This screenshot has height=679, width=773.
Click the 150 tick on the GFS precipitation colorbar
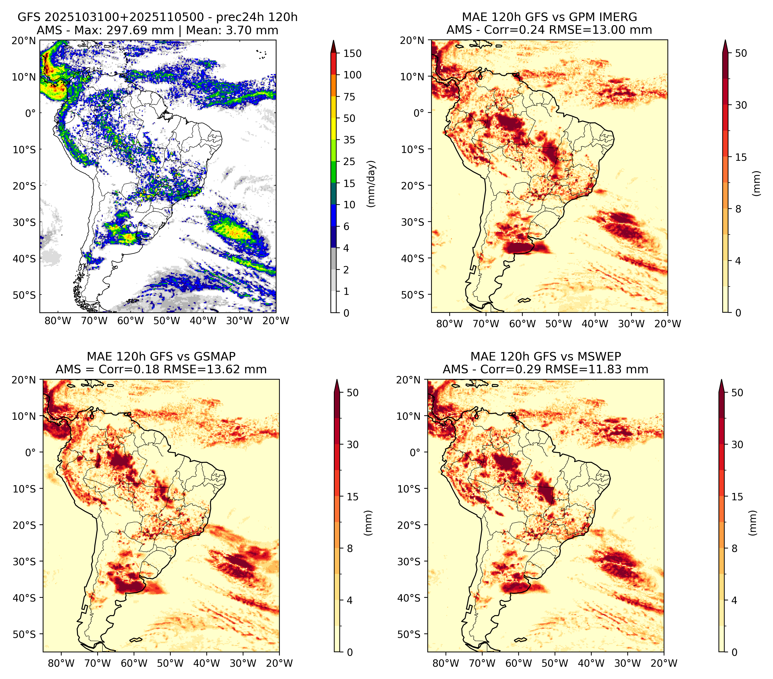coord(353,53)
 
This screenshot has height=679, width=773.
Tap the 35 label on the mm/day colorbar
coord(349,140)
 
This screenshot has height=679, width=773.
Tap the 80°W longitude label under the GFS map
coord(58,321)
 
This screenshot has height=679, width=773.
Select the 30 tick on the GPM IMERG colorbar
coord(741,105)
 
